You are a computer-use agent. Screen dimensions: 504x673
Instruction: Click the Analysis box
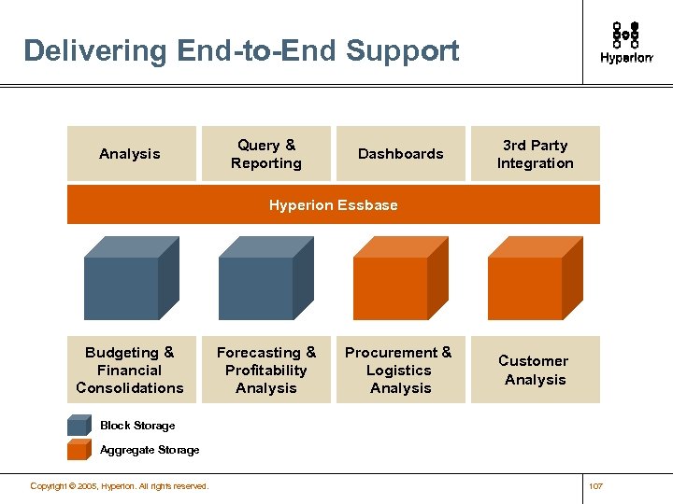[x=131, y=154]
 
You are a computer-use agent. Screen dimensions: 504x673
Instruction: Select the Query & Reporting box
[x=266, y=154]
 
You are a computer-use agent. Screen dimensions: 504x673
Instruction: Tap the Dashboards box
[x=400, y=154]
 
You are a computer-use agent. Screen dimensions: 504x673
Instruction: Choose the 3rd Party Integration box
[x=535, y=154]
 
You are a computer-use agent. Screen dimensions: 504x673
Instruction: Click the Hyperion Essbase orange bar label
[x=333, y=205]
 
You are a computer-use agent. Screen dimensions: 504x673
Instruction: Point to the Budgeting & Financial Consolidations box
[x=131, y=370]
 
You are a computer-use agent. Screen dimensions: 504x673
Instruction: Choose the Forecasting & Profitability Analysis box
[x=266, y=370]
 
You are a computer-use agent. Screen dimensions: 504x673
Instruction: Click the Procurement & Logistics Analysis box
[x=400, y=370]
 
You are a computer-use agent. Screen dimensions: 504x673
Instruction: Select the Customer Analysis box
[x=535, y=370]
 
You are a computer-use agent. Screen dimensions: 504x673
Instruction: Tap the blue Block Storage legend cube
[x=79, y=426]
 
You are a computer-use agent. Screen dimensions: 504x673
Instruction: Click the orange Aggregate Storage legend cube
[x=79, y=450]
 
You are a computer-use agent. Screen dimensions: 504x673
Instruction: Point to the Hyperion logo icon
[x=625, y=35]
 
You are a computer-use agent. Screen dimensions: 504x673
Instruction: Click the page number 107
[x=597, y=486]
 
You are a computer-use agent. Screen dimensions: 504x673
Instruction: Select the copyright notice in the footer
[x=119, y=486]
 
